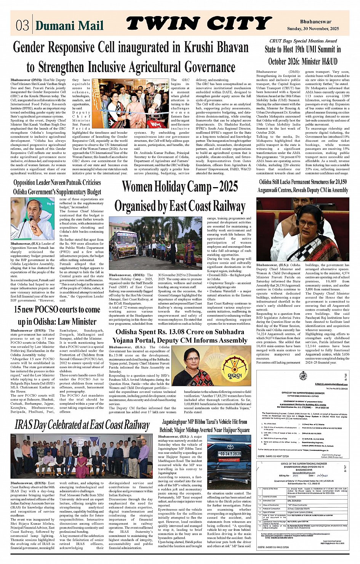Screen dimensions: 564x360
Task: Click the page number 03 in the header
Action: (x=22, y=25)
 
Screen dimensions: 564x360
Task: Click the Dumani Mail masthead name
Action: (x=69, y=26)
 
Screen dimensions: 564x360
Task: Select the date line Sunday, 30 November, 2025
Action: (x=313, y=29)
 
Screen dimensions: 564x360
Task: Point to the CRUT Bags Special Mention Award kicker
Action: (x=303, y=41)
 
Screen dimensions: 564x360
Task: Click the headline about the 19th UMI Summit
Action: (x=303, y=55)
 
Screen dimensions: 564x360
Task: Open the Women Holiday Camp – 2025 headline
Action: (x=180, y=196)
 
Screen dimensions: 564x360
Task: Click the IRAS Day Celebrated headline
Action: (x=82, y=425)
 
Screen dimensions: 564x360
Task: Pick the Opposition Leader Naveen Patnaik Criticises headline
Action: (x=57, y=187)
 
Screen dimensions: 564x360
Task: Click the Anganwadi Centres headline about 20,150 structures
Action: (x=303, y=186)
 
